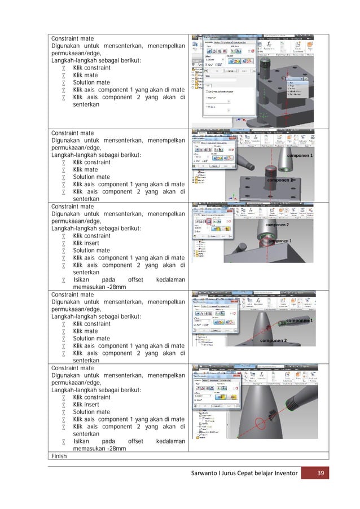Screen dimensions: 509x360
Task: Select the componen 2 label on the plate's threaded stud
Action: (x=280, y=180)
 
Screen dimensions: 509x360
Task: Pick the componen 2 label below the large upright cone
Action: (x=274, y=340)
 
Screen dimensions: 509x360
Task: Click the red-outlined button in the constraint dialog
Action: (x=208, y=222)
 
